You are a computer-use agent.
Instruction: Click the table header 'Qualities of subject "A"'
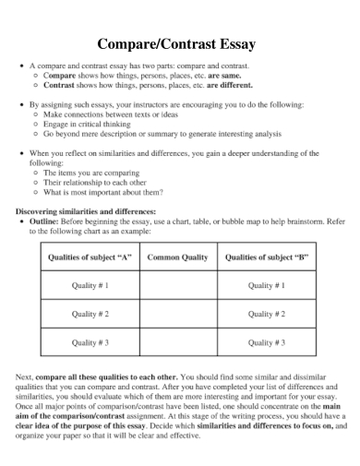90,257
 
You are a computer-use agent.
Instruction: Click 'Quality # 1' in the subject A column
90,286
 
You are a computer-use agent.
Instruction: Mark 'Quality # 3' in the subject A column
90,342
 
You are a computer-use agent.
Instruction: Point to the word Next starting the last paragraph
27,377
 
